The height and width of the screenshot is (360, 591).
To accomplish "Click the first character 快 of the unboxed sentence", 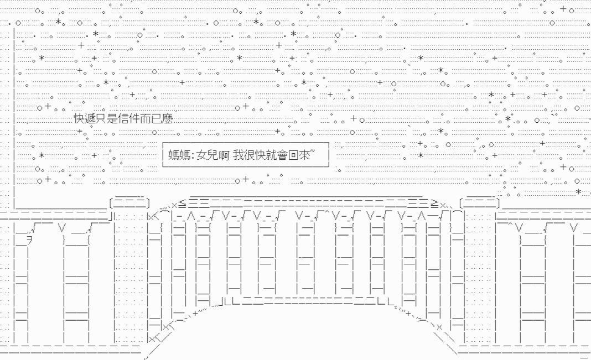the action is (79, 119).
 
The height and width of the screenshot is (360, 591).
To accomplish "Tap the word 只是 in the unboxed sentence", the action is (107, 119).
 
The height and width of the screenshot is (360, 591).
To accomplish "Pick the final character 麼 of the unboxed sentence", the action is (167, 119).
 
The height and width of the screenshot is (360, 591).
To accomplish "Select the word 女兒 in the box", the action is (207, 155).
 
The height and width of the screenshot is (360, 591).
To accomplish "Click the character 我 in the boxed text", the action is (239, 155).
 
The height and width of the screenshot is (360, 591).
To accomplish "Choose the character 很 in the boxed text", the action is (250, 155).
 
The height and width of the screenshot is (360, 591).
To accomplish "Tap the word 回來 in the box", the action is (299, 155).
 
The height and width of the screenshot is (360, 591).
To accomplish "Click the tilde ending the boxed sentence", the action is (313, 152).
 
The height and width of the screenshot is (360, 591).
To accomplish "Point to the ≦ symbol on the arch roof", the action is (182, 205).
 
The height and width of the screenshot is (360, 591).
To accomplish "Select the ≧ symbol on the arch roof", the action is (434, 205).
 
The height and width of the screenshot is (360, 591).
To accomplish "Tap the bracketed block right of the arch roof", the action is (480, 204).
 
